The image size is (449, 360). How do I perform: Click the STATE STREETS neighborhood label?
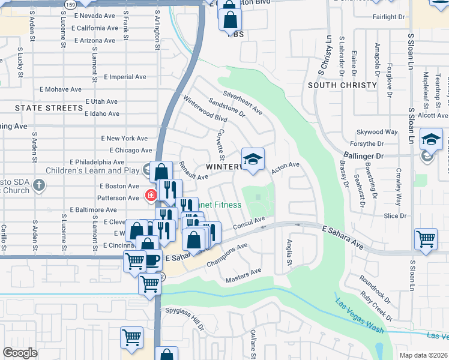49,108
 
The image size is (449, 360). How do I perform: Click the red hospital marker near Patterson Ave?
151,195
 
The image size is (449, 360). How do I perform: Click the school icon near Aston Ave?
253,159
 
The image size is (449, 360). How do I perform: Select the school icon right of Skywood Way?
431,140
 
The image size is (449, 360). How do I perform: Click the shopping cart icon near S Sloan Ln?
426,239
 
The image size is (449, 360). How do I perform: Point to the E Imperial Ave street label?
125,77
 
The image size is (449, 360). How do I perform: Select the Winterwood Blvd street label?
200,108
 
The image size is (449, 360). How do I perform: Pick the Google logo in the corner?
20,352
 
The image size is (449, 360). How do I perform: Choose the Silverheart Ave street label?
243,102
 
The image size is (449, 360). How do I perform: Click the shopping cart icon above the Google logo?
131,337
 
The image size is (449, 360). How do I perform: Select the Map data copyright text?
423,355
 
